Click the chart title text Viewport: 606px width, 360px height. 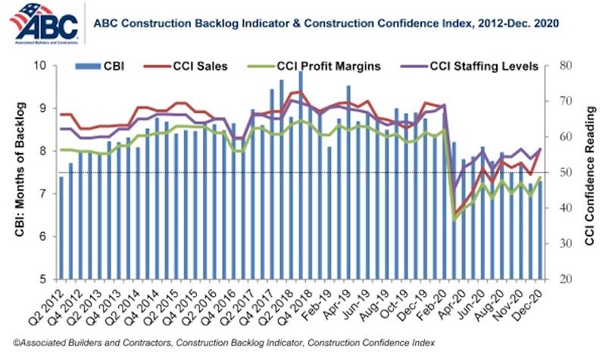tap(326, 23)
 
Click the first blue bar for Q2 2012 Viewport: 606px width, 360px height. tap(61, 227)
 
